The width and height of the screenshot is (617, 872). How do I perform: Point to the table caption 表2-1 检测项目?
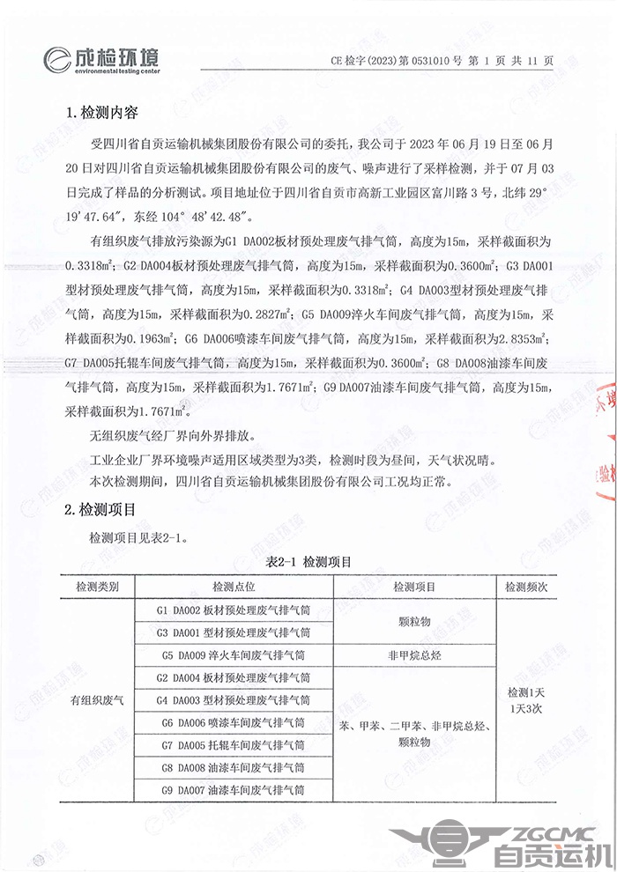[308, 561]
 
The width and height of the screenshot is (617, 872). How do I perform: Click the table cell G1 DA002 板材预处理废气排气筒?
[234, 610]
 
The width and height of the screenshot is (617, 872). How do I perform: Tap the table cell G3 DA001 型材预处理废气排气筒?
[234, 632]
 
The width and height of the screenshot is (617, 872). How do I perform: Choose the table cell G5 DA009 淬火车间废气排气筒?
[234, 655]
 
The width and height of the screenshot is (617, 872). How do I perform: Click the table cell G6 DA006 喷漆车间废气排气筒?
[234, 723]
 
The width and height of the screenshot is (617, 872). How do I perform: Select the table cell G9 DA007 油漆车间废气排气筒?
[234, 791]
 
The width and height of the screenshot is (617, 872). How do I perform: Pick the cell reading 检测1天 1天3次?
[526, 700]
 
